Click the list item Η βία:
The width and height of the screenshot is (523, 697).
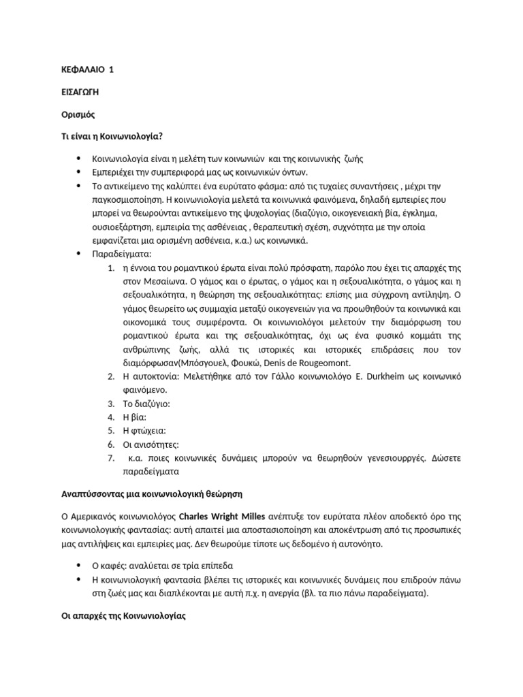point(135,417)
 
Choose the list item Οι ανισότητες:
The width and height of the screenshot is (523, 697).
point(151,444)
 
